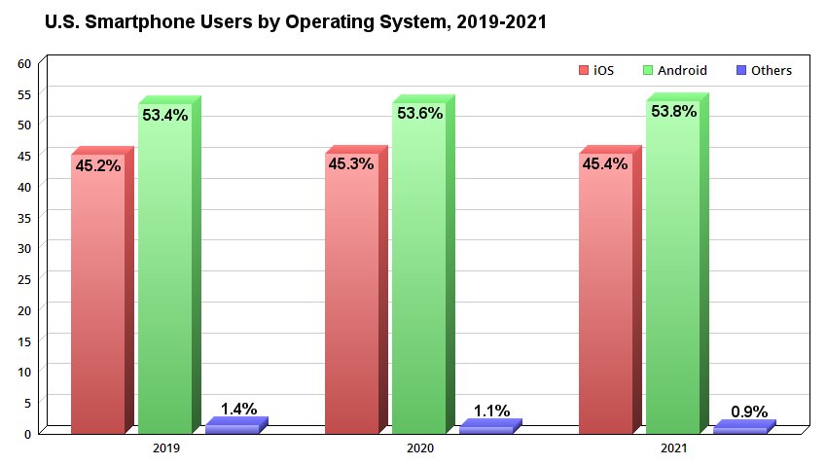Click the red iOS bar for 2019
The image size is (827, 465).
coord(97,292)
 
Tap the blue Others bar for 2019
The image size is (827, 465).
coord(233,428)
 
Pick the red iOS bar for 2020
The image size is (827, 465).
coord(351,292)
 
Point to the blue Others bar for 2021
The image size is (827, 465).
coord(740,429)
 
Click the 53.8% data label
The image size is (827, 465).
coord(673,112)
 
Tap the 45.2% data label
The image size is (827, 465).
coord(98,166)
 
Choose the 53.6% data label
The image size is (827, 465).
coord(419,114)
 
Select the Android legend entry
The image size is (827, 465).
coord(675,70)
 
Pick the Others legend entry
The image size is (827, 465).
coord(764,70)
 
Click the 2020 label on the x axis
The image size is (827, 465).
coord(419,449)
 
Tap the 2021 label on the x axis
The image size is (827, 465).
coord(673,449)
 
